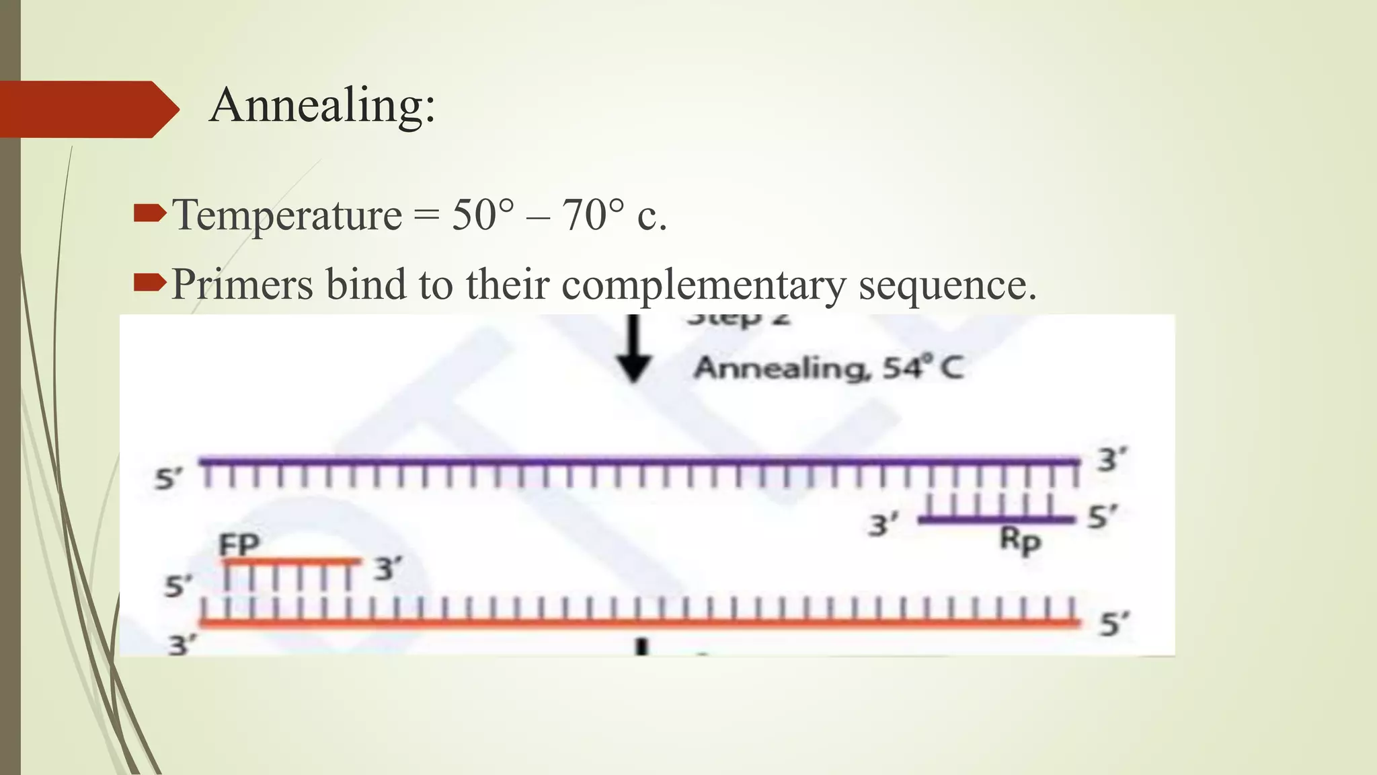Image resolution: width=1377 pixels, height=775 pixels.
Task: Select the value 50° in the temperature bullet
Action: point(482,215)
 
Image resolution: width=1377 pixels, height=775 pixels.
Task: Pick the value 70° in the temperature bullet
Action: point(593,215)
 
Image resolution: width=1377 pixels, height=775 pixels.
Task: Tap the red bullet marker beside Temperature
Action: point(149,215)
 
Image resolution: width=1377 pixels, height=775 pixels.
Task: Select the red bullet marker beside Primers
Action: point(149,283)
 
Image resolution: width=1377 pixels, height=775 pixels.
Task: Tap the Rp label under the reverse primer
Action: point(1019,540)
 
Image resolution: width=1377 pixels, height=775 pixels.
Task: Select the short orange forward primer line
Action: point(290,561)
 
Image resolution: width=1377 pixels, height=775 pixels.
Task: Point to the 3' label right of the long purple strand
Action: point(1111,461)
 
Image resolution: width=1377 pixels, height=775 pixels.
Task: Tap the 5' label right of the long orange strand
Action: point(1113,624)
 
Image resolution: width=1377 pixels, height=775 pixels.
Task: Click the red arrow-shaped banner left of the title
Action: point(87,109)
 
